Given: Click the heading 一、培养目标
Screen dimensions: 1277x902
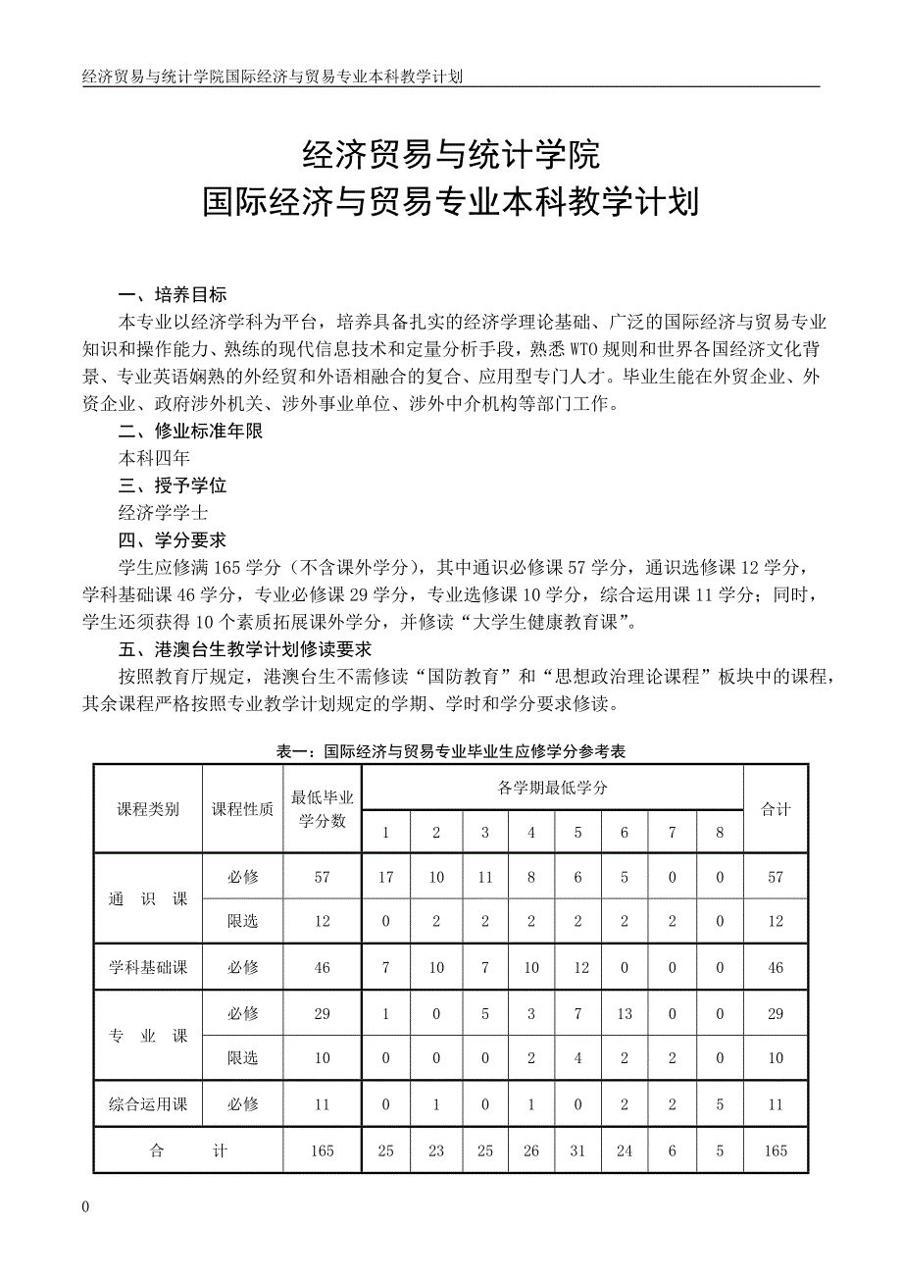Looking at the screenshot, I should (x=173, y=295).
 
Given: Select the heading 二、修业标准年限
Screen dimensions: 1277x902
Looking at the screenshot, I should (x=190, y=431).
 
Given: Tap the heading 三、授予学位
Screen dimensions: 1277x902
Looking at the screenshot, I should (x=173, y=485).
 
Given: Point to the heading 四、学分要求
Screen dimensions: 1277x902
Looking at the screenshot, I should (x=173, y=540).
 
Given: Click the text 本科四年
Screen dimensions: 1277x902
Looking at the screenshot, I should (x=154, y=458).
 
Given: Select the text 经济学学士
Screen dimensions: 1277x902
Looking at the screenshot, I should (x=163, y=513).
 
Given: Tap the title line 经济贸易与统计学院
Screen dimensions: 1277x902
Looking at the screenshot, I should (x=450, y=154).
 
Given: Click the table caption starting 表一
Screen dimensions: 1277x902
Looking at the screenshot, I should (x=451, y=752).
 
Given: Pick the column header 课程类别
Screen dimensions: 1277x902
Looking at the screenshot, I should (x=148, y=809).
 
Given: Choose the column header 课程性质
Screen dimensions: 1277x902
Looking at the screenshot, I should (x=243, y=809).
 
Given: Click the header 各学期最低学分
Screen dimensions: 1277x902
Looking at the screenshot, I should (x=552, y=788).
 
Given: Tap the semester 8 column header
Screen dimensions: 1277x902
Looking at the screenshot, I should (x=720, y=833).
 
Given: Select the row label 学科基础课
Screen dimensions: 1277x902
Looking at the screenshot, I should (x=148, y=967).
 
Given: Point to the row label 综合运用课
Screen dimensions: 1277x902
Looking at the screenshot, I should (x=148, y=1104).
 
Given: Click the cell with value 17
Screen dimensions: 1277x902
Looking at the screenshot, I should (x=386, y=877).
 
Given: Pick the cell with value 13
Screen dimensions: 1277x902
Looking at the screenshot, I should (x=626, y=1014).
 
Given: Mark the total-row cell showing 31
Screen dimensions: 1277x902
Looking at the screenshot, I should (x=578, y=1150).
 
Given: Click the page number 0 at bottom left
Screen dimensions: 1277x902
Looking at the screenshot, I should (x=86, y=1207).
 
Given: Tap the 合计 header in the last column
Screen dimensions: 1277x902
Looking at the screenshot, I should (x=776, y=809).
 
